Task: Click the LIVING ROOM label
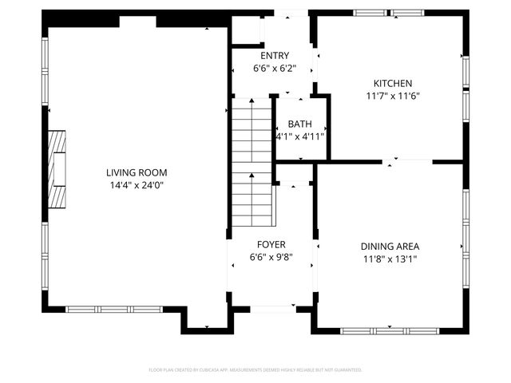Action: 137,172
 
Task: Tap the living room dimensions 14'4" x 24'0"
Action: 137,185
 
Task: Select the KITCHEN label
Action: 393,83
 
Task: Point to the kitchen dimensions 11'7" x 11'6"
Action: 393,96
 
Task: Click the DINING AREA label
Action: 390,247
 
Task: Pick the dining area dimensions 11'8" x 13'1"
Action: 390,259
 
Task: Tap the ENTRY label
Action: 271,56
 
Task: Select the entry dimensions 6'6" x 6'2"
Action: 271,68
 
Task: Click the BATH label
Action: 300,124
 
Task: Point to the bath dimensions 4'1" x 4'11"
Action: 300,136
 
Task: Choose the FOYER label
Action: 271,244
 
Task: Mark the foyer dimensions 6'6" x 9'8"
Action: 271,257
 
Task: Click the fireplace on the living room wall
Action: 56,168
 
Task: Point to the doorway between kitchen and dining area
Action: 391,162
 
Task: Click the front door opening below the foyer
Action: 271,309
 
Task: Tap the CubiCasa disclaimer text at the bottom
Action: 255,370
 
